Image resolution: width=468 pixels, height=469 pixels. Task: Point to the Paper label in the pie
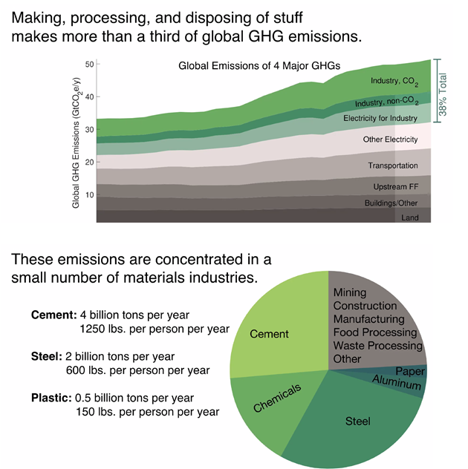409,371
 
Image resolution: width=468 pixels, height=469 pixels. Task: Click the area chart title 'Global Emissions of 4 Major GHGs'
259,66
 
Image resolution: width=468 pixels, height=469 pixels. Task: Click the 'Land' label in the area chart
410,218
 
